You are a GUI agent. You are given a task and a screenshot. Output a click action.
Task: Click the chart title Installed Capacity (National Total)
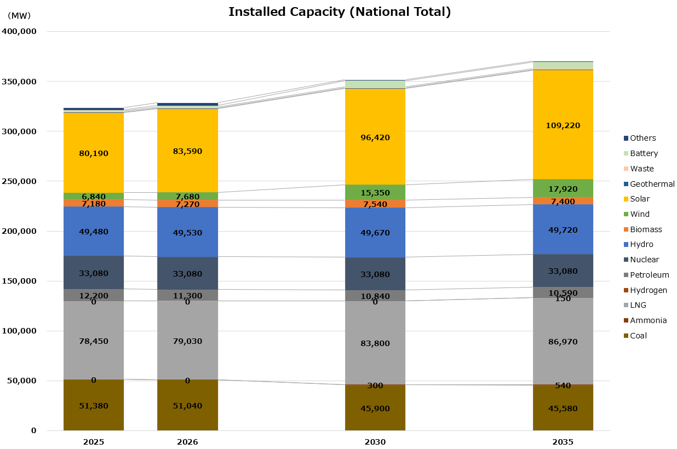coord(339,12)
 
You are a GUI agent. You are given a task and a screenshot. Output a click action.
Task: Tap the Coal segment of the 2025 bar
coord(93,405)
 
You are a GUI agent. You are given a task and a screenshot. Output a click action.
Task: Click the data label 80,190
coord(93,153)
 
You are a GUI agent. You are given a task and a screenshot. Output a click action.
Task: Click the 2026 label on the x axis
coord(187,441)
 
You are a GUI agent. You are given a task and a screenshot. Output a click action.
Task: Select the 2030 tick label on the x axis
coord(375,441)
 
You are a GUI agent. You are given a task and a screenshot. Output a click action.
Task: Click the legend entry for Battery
coord(644,153)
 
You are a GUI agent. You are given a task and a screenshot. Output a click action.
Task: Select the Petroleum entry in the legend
coord(649,275)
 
